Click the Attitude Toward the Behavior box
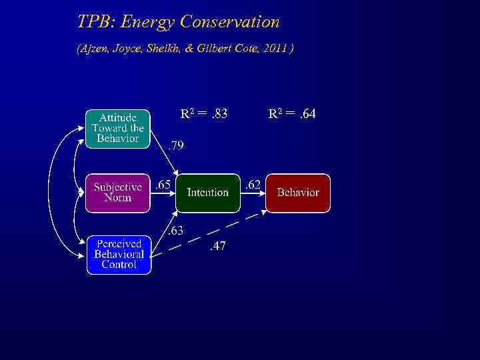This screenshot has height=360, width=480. pyautogui.click(x=118, y=129)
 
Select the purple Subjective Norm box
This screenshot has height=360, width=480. pyautogui.click(x=118, y=193)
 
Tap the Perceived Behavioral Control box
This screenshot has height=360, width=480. pyautogui.click(x=119, y=255)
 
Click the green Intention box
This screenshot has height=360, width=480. pyautogui.click(x=207, y=193)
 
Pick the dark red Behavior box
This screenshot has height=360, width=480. pyautogui.click(x=298, y=193)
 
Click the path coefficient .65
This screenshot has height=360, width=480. pyautogui.click(x=163, y=185)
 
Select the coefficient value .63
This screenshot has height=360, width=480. pyautogui.click(x=175, y=231)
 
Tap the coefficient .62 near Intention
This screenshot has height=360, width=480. pyautogui.click(x=252, y=185)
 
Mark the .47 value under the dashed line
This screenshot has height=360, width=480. pyautogui.click(x=217, y=246)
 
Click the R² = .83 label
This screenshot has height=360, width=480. pyautogui.click(x=204, y=114)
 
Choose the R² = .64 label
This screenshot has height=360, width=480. pyautogui.click(x=292, y=114)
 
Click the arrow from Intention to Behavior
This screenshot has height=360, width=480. pyautogui.click(x=253, y=193)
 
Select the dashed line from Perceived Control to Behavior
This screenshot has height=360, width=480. pyautogui.click(x=207, y=234)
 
